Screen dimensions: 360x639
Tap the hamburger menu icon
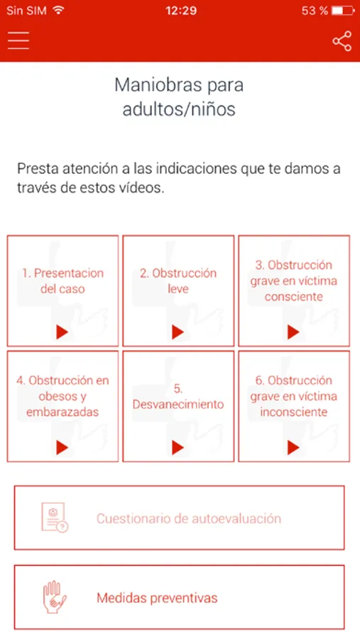tap(18, 40)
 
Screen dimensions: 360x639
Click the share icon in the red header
tap(342, 40)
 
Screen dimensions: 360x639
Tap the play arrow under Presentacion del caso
tap(62, 332)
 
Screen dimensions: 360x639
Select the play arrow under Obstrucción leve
tap(178, 332)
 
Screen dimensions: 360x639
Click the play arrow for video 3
tap(293, 332)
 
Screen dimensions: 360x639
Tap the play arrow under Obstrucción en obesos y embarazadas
tap(62, 448)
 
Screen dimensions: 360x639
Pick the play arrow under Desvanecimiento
tap(178, 448)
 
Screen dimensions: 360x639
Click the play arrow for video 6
tap(293, 448)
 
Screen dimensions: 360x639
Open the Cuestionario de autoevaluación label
tap(189, 518)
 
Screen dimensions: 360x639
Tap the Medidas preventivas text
tap(157, 598)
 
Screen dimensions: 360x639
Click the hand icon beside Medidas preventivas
tap(55, 597)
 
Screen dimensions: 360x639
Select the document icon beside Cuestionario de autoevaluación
tap(55, 518)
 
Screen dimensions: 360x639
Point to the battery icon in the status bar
tap(343, 11)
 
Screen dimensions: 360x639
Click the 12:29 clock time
tap(181, 11)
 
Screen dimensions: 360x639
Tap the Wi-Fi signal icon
tap(59, 10)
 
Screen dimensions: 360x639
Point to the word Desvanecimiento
tap(178, 404)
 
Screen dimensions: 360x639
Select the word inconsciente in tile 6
tap(293, 412)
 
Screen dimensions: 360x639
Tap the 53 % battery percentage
tap(315, 11)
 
